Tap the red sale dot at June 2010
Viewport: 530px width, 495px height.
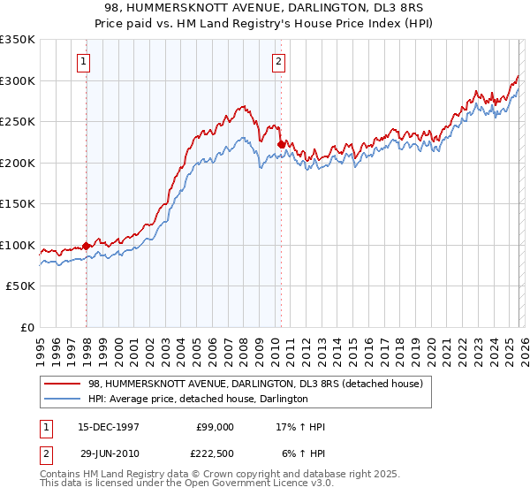pos(282,144)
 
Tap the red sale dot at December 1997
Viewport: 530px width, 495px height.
pos(87,246)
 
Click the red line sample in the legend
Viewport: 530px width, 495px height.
pos(64,384)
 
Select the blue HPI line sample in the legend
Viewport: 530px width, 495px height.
pos(64,400)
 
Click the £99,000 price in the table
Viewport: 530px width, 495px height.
pos(214,427)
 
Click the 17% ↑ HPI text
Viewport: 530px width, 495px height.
pos(300,427)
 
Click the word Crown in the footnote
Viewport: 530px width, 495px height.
pos(229,475)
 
